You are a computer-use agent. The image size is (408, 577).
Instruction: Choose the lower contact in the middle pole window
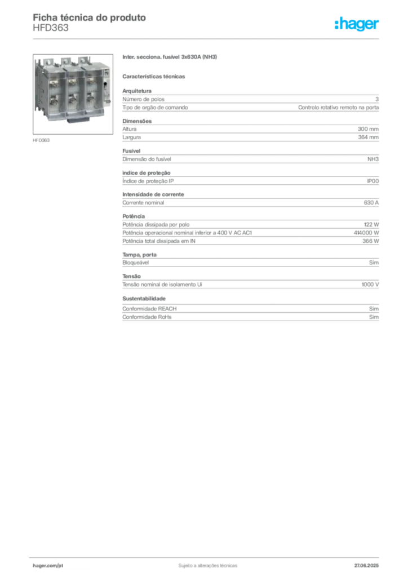72,101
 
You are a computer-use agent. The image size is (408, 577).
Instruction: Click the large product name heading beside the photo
171,58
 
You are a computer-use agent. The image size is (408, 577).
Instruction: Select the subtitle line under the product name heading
155,76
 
